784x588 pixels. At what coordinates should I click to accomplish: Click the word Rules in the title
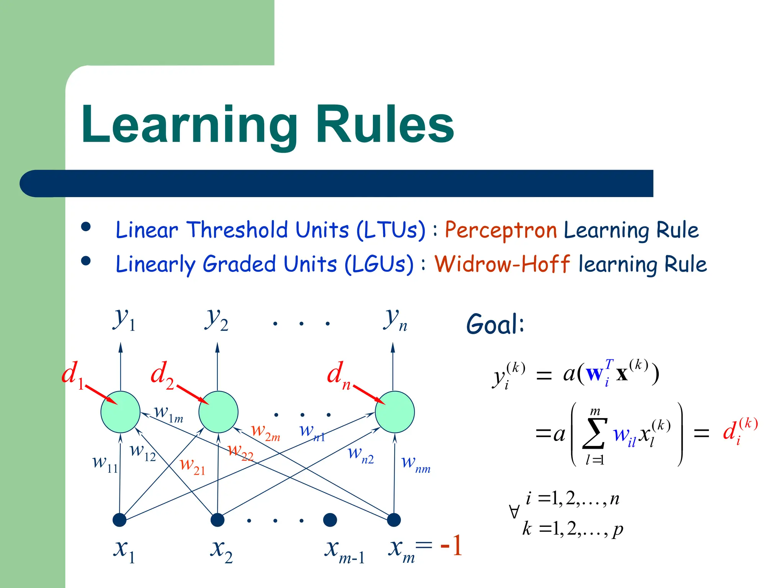tap(384, 125)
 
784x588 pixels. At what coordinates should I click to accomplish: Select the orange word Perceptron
tap(500, 230)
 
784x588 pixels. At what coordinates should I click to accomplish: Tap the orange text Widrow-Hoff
tap(502, 264)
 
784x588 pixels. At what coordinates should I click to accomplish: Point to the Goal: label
tap(495, 324)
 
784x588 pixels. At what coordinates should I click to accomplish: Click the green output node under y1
tap(120, 412)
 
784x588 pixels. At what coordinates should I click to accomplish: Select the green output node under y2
tap(218, 412)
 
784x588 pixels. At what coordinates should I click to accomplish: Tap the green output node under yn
tap(394, 412)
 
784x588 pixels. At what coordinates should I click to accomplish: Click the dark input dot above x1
tap(119, 520)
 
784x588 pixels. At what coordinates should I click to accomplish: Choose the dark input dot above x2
tap(217, 520)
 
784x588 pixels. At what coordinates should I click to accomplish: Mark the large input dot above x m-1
tap(330, 520)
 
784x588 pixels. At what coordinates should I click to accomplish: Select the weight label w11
tap(105, 463)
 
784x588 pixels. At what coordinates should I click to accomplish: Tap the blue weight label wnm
tap(416, 464)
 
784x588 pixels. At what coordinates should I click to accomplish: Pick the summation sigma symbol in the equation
tap(595, 434)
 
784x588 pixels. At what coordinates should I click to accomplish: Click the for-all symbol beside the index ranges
tap(514, 512)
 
